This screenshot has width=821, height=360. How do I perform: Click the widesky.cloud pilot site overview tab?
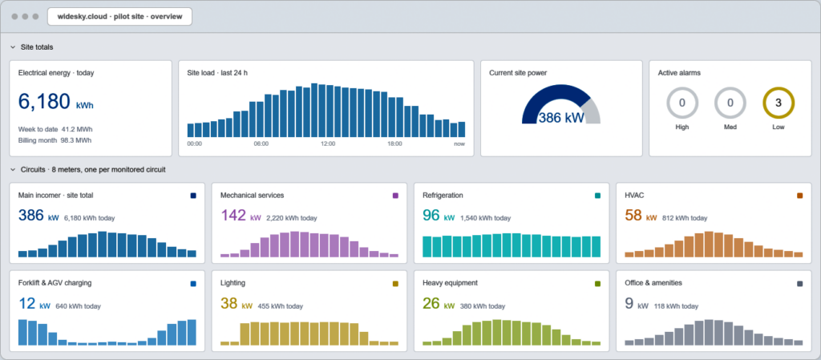pos(120,17)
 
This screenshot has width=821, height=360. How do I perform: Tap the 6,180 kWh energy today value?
pos(56,102)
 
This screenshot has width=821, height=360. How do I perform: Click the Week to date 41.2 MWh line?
pos(55,129)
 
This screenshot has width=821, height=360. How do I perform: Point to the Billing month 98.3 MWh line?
pos(55,140)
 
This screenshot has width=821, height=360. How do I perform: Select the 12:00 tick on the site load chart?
pos(328,144)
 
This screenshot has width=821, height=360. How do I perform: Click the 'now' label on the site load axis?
pos(459,144)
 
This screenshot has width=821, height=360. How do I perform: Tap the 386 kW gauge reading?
pos(561,118)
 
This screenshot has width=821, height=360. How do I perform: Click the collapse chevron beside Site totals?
pos(13,47)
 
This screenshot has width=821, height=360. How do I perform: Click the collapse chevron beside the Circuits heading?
pos(13,169)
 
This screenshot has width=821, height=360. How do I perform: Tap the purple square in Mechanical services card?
pos(395,196)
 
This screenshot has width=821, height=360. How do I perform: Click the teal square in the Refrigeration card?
pos(597,196)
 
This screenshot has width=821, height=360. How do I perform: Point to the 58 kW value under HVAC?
pos(639,216)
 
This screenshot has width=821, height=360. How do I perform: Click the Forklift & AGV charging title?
pos(55,283)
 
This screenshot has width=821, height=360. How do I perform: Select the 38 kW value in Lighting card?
pos(237,304)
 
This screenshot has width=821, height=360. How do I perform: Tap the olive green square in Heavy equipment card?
pos(597,284)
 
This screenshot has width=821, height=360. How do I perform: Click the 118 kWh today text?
pos(676,306)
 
